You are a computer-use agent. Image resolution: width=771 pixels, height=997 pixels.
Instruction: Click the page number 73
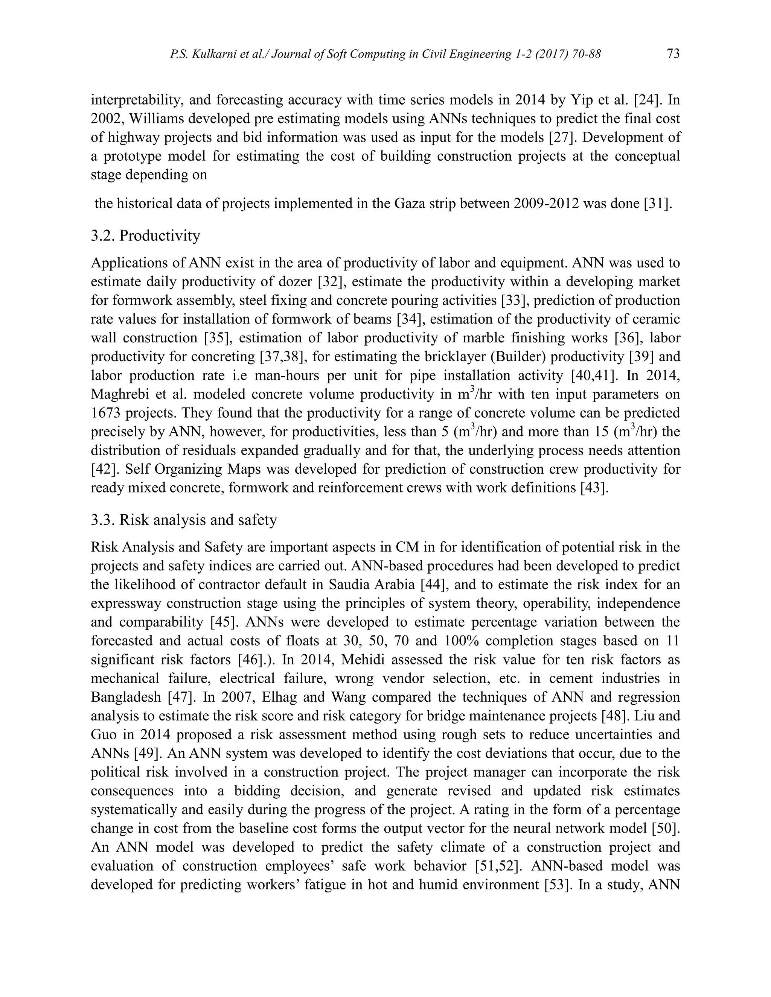click(x=673, y=54)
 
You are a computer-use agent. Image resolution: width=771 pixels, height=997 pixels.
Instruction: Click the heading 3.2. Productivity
click(x=145, y=236)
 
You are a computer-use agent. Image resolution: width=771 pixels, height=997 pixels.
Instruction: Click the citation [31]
click(x=658, y=203)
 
